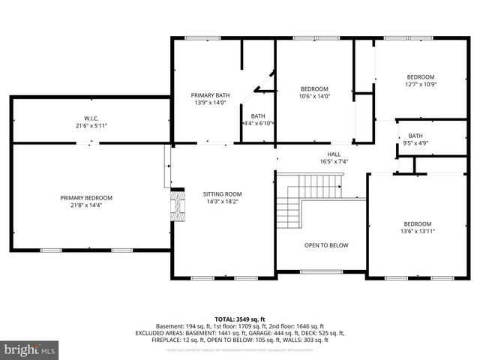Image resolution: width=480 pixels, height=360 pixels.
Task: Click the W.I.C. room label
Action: (91, 118)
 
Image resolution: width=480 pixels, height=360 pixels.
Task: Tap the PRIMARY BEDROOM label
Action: (91, 198)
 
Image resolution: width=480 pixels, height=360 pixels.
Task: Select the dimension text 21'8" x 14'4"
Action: (91, 205)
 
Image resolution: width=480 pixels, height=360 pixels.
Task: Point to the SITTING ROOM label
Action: (223, 193)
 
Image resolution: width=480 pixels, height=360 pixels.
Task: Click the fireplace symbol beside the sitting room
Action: (175, 202)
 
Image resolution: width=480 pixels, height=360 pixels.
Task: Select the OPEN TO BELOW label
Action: (325, 245)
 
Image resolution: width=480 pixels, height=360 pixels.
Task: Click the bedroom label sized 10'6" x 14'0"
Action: (315, 88)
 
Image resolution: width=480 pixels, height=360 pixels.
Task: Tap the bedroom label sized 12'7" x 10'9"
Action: (420, 76)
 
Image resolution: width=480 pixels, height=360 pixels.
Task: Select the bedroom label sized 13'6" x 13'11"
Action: (418, 224)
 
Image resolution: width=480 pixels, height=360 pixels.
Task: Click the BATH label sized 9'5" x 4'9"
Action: (415, 136)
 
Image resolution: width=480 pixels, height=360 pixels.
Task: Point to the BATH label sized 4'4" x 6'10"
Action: (258, 115)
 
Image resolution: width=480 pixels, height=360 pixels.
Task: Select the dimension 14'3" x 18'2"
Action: (223, 201)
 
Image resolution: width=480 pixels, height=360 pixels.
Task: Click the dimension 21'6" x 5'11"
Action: (91, 125)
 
